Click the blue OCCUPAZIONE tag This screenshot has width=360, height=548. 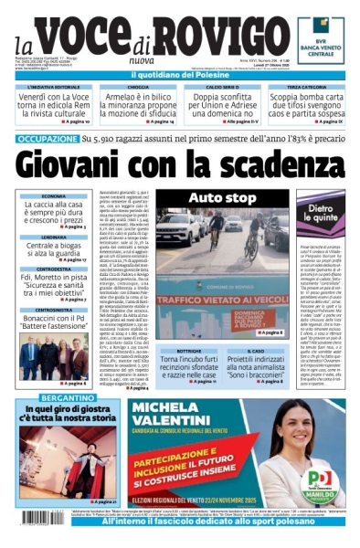point(47,139)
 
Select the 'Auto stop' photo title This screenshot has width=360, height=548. point(222,196)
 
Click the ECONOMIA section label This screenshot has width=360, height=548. point(53,196)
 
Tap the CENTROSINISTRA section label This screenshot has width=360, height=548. point(53,311)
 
